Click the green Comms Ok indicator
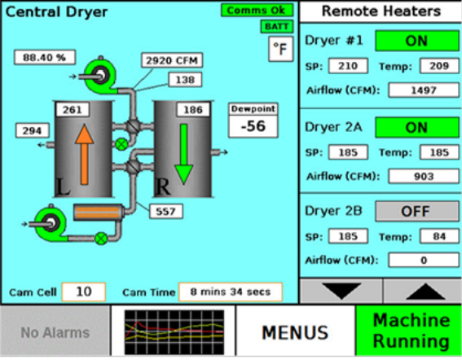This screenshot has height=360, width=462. coord(257,11)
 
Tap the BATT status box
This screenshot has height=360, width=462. coord(277,27)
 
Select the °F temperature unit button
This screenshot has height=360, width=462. coord(281,49)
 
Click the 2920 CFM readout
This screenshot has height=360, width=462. coord(172,60)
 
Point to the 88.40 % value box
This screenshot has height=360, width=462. coord(45,58)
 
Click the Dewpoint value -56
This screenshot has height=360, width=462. coord(253,126)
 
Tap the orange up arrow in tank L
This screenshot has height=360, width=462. coord(85,155)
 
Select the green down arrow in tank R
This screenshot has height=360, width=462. coord(184,154)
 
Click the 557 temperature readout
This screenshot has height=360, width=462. coord(166,211)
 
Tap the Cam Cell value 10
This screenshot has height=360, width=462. coord(84,292)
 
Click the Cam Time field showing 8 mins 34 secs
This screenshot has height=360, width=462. coord(231,292)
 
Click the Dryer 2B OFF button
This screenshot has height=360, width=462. coord(417,211)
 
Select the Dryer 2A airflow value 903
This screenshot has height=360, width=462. coord(424,177)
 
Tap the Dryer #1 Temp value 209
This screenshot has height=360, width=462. coord(439,66)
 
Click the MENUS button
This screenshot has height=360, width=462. coord(296,332)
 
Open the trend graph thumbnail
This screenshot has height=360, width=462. coord(174,332)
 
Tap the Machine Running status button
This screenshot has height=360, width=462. coord(409,331)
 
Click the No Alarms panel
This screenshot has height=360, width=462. coord(55,332)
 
